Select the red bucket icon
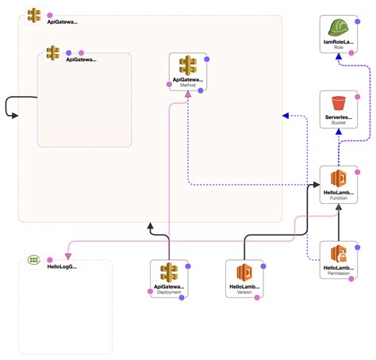click(340, 102)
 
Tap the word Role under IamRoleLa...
click(340, 47)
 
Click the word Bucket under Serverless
click(340, 124)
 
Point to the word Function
click(340, 199)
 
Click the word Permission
click(340, 278)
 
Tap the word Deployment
click(169, 292)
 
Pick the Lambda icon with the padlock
click(340, 254)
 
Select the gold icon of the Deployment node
click(169, 270)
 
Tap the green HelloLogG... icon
click(33, 259)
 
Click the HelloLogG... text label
click(62, 267)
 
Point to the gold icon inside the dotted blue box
click(53, 52)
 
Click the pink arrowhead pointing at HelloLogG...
click(67, 256)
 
